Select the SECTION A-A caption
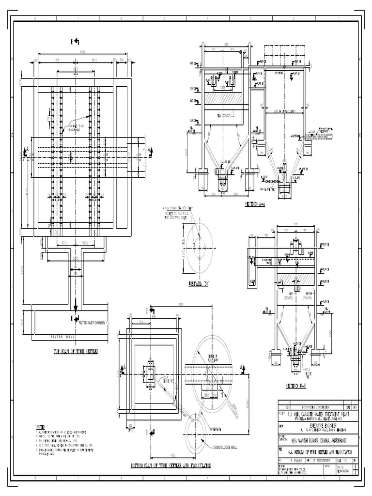pos(255,204)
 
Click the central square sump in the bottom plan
pos(150,373)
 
